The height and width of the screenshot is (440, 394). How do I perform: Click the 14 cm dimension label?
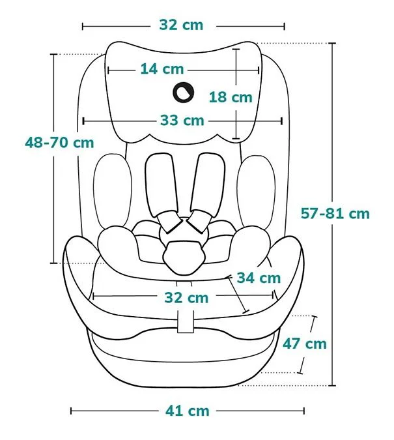click(x=162, y=69)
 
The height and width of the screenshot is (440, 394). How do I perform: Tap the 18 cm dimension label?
click(x=231, y=97)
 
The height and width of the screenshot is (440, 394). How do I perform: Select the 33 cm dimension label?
click(x=182, y=121)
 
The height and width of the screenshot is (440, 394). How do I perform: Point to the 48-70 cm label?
click(x=59, y=143)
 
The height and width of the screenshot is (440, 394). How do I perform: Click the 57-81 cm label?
click(x=335, y=214)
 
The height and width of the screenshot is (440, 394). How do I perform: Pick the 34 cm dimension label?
click(x=259, y=278)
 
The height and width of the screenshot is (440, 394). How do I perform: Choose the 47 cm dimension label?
click(x=305, y=344)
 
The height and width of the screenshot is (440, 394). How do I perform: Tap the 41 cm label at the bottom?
click(x=188, y=411)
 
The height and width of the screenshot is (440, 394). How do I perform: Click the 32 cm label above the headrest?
click(x=181, y=25)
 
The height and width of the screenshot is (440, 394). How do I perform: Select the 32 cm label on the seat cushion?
click(x=186, y=298)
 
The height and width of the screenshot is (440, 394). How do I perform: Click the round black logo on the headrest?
click(x=184, y=93)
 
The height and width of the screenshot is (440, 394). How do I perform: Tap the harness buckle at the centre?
click(x=184, y=257)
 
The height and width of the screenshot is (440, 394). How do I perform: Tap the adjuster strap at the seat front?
click(x=186, y=321)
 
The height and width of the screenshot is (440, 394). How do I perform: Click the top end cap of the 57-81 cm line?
click(x=332, y=44)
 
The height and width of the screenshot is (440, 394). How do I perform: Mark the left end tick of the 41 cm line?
click(x=71, y=411)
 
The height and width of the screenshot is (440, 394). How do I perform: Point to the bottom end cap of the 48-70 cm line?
click(x=53, y=263)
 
